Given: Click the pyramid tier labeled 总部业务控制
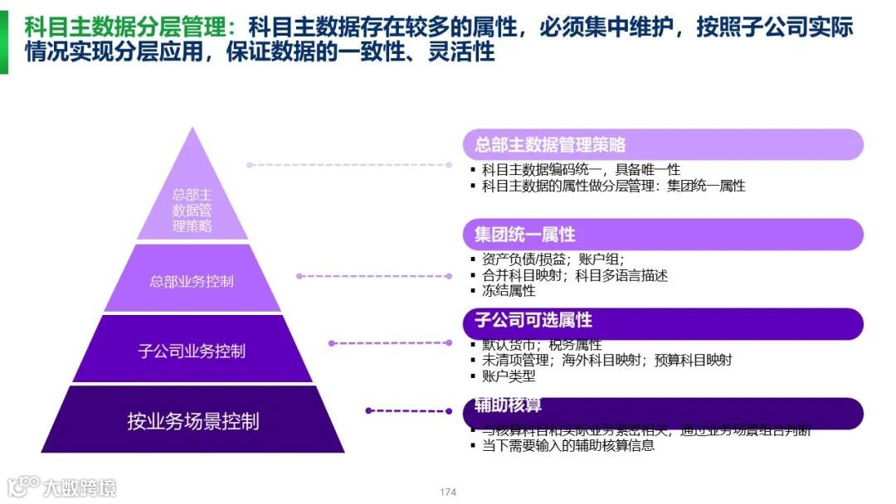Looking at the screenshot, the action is pyautogui.click(x=192, y=280).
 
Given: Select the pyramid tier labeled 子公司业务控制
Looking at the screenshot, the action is pyautogui.click(x=192, y=350).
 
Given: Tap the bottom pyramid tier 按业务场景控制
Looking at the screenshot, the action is pyautogui.click(x=192, y=420).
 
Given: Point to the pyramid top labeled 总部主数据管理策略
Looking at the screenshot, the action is pyautogui.click(x=192, y=210).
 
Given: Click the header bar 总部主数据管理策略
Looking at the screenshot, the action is pyautogui.click(x=662, y=145).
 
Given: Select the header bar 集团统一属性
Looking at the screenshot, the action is pyautogui.click(x=662, y=234).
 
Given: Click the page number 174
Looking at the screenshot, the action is pyautogui.click(x=448, y=492).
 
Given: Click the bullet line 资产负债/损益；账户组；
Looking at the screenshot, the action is pyautogui.click(x=553, y=259).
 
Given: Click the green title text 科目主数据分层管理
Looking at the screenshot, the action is pyautogui.click(x=124, y=28).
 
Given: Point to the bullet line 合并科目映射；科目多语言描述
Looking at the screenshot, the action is pyautogui.click(x=574, y=274).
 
